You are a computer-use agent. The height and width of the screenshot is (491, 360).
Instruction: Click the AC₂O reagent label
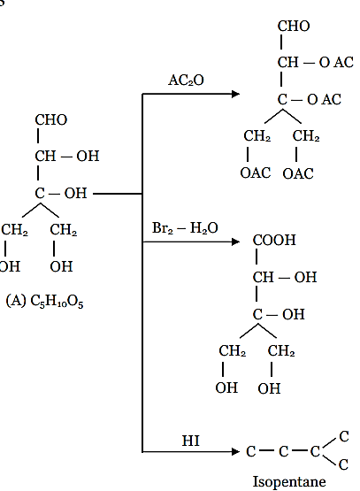[186, 81]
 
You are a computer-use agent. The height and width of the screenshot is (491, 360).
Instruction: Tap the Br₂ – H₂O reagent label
[185, 228]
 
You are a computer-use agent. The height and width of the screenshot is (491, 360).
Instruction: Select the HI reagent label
[191, 441]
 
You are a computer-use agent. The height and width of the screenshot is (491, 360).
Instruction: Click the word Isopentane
[289, 481]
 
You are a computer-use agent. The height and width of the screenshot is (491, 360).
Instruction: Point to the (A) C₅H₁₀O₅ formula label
[44, 302]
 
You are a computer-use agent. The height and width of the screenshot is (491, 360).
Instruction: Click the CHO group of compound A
[51, 119]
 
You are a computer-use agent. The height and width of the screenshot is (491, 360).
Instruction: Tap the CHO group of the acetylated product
[294, 26]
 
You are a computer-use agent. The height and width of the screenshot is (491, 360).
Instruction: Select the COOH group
[274, 240]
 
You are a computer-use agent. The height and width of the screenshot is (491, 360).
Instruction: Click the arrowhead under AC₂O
[235, 94]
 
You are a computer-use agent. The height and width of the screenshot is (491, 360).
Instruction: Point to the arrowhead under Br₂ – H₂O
[235, 242]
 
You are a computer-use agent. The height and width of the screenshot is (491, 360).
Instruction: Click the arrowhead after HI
[235, 451]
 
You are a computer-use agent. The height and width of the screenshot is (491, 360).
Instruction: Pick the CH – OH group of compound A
[67, 156]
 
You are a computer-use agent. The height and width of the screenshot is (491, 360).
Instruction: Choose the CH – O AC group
[316, 62]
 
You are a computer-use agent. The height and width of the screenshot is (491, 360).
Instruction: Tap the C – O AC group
[310, 100]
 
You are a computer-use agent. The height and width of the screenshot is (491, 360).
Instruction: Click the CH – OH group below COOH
[285, 277]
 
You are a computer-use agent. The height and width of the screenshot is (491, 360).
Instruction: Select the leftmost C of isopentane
[250, 451]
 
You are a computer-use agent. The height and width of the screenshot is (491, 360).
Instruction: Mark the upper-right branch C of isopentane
[344, 436]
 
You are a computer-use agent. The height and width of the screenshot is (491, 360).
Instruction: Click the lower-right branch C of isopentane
[343, 464]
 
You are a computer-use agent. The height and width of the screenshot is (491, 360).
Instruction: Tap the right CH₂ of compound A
[63, 230]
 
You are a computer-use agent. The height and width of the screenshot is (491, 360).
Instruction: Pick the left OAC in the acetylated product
[256, 173]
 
